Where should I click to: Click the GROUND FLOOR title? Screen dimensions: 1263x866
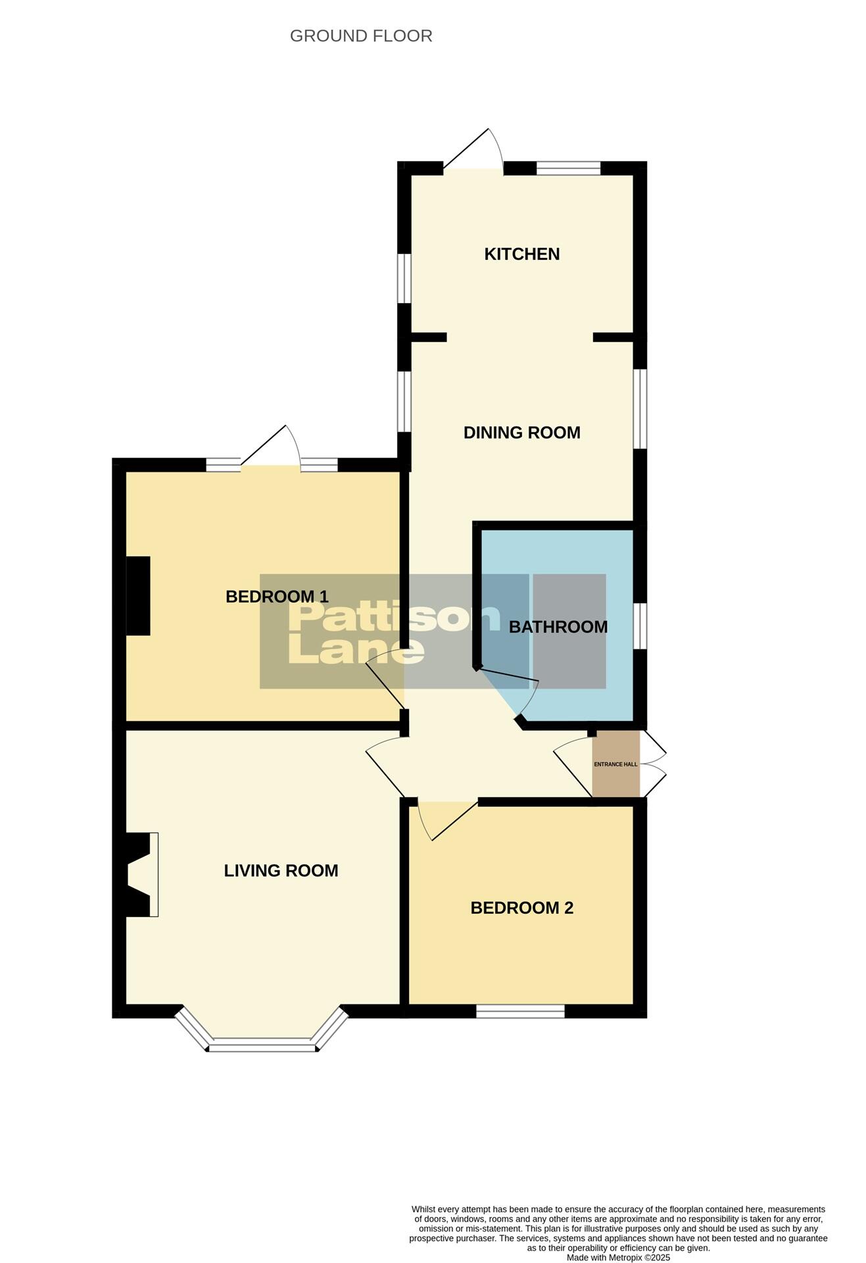tap(361, 36)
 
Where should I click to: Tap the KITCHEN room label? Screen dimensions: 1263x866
tap(521, 254)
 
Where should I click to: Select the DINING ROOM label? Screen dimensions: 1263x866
tap(521, 433)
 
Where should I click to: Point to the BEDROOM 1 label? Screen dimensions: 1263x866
tap(276, 597)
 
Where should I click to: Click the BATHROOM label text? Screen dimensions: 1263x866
tap(558, 627)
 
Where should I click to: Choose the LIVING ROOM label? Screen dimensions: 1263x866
tap(281, 871)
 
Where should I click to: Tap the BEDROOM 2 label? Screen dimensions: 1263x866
tap(521, 908)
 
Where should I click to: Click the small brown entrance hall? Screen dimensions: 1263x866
tap(615, 764)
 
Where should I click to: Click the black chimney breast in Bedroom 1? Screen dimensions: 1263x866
tap(138, 596)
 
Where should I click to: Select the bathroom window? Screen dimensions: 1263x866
tap(640, 626)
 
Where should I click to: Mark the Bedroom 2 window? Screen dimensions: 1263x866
tap(520, 1011)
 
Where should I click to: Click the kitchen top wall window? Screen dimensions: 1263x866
tap(568, 168)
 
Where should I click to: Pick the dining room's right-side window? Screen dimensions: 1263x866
tap(640, 408)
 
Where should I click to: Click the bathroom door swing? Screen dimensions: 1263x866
tap(519, 691)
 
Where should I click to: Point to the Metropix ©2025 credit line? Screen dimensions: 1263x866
tap(618, 1257)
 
